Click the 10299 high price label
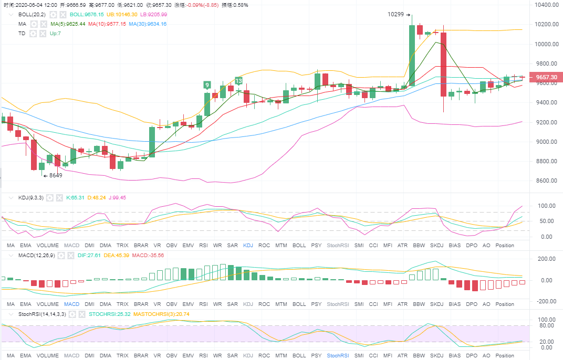[x=395, y=14]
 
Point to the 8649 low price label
[x=56, y=175]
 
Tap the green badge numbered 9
[x=207, y=84]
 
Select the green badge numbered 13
[x=238, y=81]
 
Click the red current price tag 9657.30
[x=547, y=77]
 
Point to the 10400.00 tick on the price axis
[x=546, y=5]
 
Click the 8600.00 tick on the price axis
[x=546, y=181]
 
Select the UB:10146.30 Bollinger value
[x=122, y=14]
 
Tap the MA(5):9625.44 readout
[x=68, y=24]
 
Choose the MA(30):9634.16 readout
[x=148, y=24]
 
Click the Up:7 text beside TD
[x=55, y=33]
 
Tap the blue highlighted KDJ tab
[x=248, y=245]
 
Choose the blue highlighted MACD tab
[x=71, y=304]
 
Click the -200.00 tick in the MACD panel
[x=546, y=301]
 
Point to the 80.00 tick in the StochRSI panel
[x=546, y=325]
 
